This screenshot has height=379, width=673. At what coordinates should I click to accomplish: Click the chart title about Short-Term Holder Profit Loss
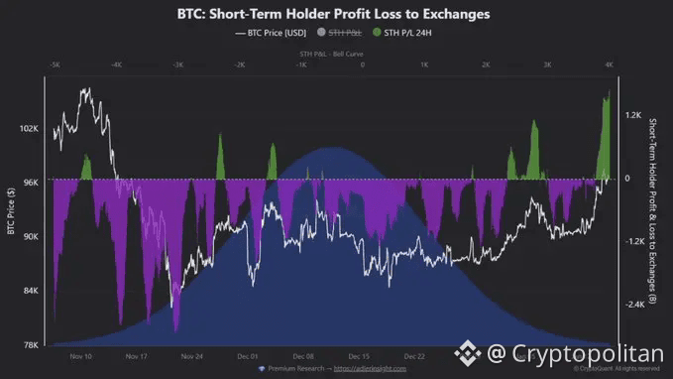pos(336,14)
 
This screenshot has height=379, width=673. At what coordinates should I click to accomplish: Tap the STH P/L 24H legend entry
pos(409,34)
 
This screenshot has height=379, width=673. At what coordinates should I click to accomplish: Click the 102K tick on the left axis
pos(28,129)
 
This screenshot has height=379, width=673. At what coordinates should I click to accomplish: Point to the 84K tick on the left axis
pos(30,291)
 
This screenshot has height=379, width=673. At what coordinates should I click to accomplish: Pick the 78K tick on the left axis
pos(30,344)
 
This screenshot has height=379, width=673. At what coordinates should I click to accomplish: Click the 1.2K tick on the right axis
pos(635,115)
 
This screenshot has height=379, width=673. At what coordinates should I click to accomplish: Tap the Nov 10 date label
pos(83,355)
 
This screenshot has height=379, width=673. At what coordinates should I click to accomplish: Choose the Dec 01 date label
pos(249,355)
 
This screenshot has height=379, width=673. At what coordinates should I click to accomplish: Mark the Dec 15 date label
pos(359,355)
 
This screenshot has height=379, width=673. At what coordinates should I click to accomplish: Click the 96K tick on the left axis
pos(30,183)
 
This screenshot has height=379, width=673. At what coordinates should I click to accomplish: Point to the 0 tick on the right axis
pos(628,179)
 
